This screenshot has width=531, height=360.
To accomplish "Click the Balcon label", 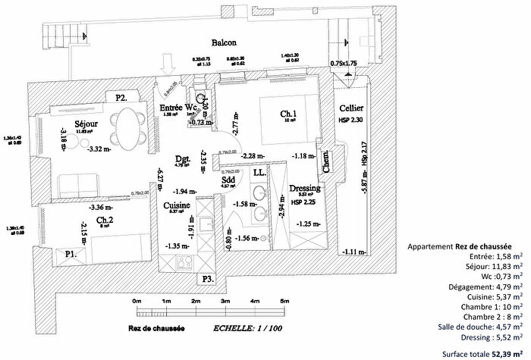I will [x=225, y=43].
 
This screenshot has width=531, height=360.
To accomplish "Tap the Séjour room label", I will [x=90, y=123].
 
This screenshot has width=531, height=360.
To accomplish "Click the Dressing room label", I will [x=305, y=188].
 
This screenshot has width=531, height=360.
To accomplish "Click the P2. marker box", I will [x=121, y=97].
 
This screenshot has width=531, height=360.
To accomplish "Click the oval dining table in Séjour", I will [x=125, y=128].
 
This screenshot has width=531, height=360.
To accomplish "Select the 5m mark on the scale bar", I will [x=284, y=302].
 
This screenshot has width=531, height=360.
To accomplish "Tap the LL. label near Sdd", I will [x=259, y=174].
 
